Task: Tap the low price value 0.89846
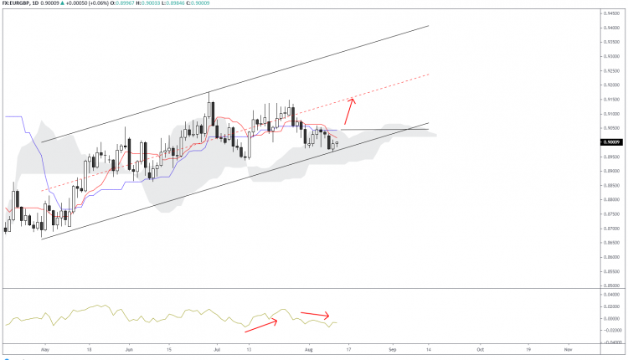click(x=188, y=5)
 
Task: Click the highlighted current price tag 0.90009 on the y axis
click(x=611, y=142)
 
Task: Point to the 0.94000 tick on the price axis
click(x=611, y=28)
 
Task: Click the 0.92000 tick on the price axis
click(x=611, y=85)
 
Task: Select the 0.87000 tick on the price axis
click(x=611, y=229)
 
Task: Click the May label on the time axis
click(x=44, y=347)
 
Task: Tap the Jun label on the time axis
click(x=129, y=347)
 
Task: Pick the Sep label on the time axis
click(x=392, y=347)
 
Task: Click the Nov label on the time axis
click(x=567, y=347)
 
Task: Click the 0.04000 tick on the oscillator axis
click(x=611, y=295)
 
